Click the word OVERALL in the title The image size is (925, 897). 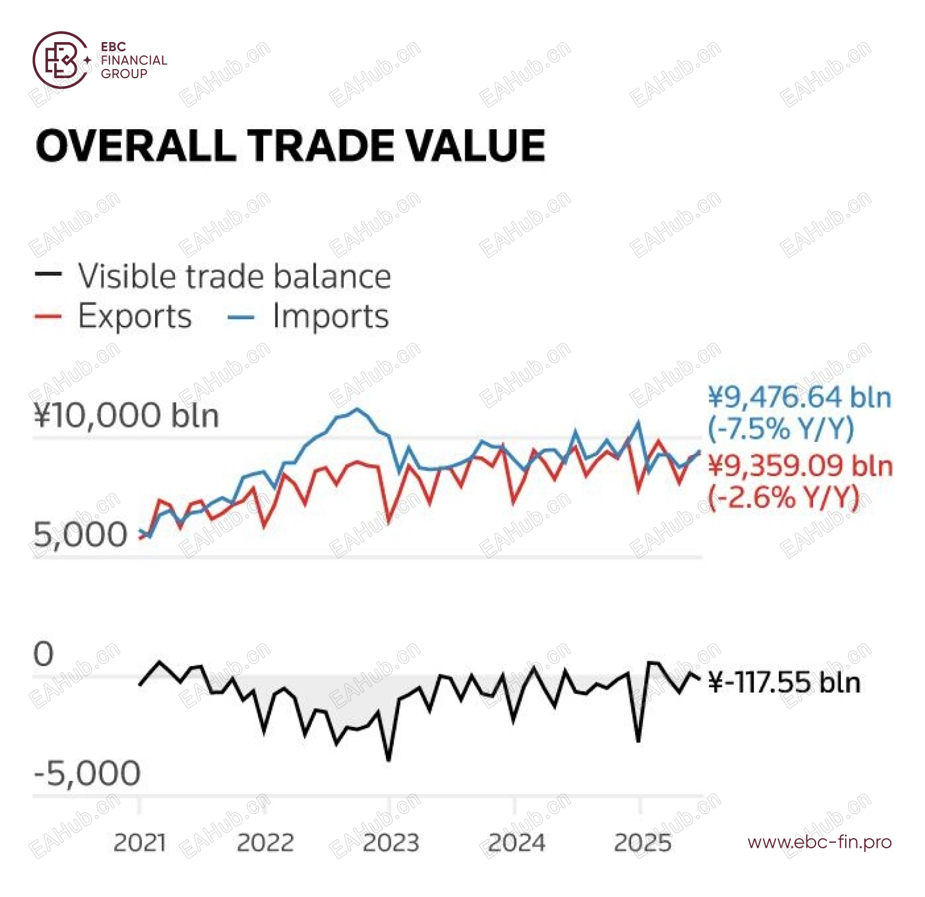pyautogui.click(x=136, y=146)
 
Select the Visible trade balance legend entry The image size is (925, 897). pyautogui.click(x=234, y=277)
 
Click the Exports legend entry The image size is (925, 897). pyautogui.click(x=134, y=316)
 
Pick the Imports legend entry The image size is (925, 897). pyautogui.click(x=330, y=316)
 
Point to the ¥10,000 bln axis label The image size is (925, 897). pyautogui.click(x=126, y=415)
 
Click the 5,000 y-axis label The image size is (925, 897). pyautogui.click(x=81, y=534)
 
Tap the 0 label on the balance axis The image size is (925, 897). pyautogui.click(x=43, y=654)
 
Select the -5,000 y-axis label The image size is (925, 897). pyautogui.click(x=88, y=773)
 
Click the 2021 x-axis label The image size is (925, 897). pyautogui.click(x=139, y=843)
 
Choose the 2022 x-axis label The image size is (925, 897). pyautogui.click(x=265, y=843)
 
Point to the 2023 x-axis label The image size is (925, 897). pyautogui.click(x=391, y=843)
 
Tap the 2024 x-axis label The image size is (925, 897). pyautogui.click(x=516, y=843)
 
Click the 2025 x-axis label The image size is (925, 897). pyautogui.click(x=642, y=843)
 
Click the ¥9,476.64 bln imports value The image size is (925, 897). pyautogui.click(x=799, y=397)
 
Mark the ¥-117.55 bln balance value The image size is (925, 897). pyautogui.click(x=785, y=683)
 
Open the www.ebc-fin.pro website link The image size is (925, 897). pyautogui.click(x=820, y=842)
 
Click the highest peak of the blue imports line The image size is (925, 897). pyautogui.click(x=358, y=409)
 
